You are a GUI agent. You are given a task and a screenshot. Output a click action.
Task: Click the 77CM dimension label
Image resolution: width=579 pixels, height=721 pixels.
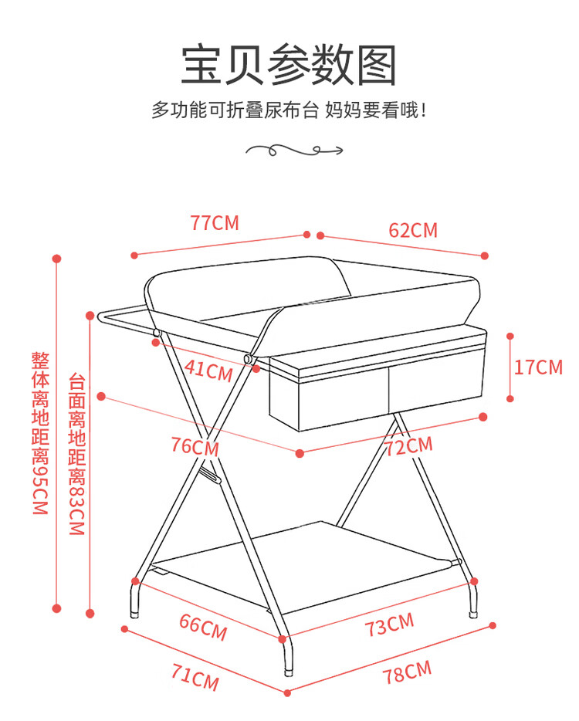pos(215,223)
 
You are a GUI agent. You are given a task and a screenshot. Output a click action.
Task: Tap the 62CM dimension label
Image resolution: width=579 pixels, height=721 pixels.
pos(413,230)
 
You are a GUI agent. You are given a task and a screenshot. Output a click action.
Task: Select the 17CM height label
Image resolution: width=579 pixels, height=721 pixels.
pos(538,367)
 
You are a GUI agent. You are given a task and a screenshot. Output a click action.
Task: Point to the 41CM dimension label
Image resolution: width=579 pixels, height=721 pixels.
pos(208,371)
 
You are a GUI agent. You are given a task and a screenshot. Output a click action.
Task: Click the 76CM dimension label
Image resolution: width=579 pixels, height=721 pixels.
pos(195,446)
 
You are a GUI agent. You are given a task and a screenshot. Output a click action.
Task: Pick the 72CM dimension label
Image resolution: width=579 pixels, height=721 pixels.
pos(408,446)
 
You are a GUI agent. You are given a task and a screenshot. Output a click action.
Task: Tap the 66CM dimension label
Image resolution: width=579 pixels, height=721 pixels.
pos(203,627)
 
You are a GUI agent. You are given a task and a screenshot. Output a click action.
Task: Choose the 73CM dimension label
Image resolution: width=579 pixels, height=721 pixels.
pos(390,625)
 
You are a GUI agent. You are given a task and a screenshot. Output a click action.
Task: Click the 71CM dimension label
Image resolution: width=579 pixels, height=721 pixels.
pos(195,677)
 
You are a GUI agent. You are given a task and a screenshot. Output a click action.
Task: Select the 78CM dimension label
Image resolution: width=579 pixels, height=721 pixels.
pos(407,672)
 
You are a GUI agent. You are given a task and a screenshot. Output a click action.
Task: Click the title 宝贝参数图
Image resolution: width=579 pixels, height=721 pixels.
pos(289,65)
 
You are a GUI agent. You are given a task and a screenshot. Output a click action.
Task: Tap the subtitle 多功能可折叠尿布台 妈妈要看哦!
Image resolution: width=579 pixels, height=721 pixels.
pos(289,110)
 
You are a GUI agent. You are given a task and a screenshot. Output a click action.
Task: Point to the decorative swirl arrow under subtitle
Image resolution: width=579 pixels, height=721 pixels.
pos(294,150)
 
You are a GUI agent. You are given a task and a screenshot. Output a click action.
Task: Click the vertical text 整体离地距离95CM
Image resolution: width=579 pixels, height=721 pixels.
pos(40,433)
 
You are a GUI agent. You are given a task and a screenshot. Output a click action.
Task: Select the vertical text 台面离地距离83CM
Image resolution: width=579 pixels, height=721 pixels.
pos(76,454)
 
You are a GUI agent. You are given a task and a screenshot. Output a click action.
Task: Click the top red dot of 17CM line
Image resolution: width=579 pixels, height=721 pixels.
pos(510,336)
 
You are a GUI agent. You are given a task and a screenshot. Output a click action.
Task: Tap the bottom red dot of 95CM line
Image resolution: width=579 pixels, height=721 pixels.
pos(57,608)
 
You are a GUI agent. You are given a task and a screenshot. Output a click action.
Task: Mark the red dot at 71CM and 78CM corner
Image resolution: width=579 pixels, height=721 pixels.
pos(287,693)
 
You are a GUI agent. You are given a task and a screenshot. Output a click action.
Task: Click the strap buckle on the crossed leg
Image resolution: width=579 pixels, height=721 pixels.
pos(210,476)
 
